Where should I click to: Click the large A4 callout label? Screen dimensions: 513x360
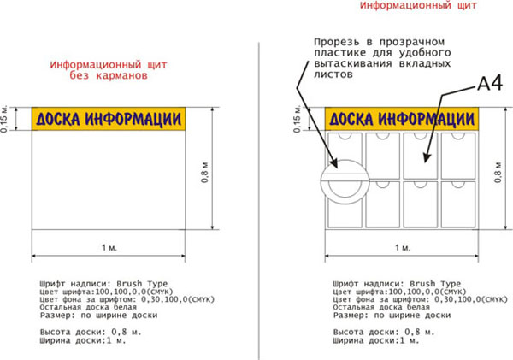coord(490,84)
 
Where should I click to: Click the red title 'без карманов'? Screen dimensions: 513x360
coord(109,75)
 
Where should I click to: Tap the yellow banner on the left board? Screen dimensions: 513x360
coord(109,119)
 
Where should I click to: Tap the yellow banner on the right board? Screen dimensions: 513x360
coord(402,119)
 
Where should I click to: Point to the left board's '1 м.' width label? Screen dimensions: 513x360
coord(109,247)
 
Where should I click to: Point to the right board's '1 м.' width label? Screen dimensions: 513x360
coord(403,247)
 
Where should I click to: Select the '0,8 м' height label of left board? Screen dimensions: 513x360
coord(205,172)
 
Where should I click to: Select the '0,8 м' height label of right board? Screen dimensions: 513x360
coord(498,172)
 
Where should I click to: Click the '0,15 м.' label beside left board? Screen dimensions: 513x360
coord(4,119)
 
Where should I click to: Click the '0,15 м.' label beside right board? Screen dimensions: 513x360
coord(297,119)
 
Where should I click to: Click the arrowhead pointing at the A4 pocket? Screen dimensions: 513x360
coord(426,157)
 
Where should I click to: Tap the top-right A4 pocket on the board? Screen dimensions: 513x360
coord(458,156)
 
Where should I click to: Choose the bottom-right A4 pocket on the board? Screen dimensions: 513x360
coord(458,204)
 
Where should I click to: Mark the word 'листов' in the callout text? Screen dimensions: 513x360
coord(333,74)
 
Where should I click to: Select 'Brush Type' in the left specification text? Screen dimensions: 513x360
coord(142,283)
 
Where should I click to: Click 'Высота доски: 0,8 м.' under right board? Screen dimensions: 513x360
coord(384,332)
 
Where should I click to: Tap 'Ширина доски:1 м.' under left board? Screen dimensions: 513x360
coord(83,340)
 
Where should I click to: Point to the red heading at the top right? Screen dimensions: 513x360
coord(418,5)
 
